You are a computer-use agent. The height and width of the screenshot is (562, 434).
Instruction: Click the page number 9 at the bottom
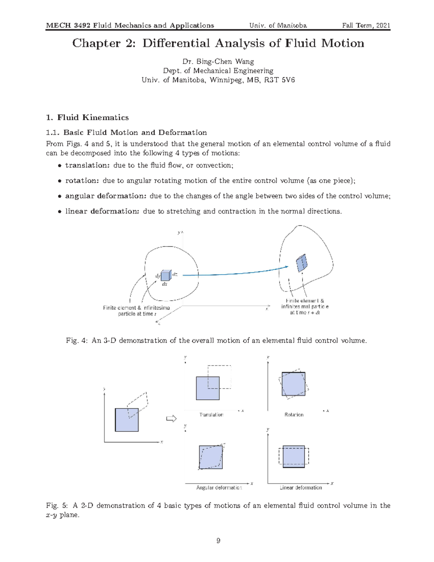click(218, 541)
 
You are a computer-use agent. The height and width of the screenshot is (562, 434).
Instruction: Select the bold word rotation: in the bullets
click(82, 181)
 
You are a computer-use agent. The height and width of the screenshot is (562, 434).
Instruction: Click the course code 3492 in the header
click(82, 25)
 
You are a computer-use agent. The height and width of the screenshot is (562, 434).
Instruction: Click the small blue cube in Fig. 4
click(166, 276)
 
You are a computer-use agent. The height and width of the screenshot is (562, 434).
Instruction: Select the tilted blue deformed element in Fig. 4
click(301, 263)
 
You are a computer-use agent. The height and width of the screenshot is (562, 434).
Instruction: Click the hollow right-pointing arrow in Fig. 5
click(171, 419)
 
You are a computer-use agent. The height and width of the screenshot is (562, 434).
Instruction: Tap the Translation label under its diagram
click(211, 415)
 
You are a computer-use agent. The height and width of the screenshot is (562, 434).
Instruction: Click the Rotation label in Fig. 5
click(294, 415)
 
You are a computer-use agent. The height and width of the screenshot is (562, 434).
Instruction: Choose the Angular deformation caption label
click(219, 488)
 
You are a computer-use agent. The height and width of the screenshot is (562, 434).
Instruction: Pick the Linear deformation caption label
click(301, 488)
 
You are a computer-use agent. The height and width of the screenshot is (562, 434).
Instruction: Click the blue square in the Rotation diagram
click(293, 384)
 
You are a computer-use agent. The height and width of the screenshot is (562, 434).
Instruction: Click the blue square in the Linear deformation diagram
click(293, 457)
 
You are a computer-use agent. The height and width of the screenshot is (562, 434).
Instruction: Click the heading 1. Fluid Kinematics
click(87, 118)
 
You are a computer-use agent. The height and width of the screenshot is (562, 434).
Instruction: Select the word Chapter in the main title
click(96, 43)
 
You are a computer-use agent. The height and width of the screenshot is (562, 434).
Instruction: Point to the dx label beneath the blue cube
click(165, 284)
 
